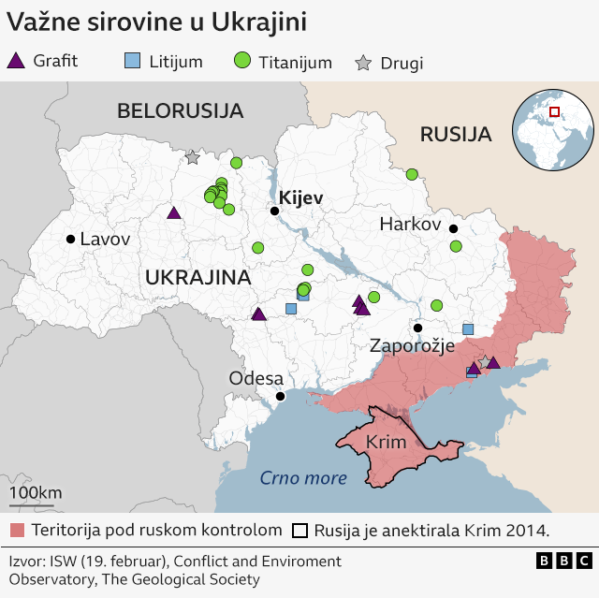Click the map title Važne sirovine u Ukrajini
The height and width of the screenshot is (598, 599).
pos(156,22)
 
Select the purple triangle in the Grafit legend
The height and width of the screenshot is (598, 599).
pos(16,62)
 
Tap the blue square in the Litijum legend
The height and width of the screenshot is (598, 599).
pos(132,62)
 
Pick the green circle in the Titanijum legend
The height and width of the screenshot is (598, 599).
pos(242,62)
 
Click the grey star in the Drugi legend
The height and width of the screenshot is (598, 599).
pos(363,64)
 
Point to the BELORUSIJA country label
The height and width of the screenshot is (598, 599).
pos(180,111)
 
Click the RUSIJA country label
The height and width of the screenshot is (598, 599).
pos(456,135)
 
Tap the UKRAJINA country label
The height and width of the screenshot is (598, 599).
pos(197,278)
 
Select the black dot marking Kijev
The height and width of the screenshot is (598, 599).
pos(274,211)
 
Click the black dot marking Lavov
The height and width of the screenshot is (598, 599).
pos(70,240)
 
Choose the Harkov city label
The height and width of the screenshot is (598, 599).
pos(410,225)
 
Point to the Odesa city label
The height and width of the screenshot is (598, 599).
pos(256,378)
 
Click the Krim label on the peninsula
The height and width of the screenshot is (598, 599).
pos(385,443)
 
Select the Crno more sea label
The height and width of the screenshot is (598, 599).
pos(303,478)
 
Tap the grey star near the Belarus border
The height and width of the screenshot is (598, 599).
pos(193,157)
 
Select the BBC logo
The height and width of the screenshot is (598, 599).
pos(563,561)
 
